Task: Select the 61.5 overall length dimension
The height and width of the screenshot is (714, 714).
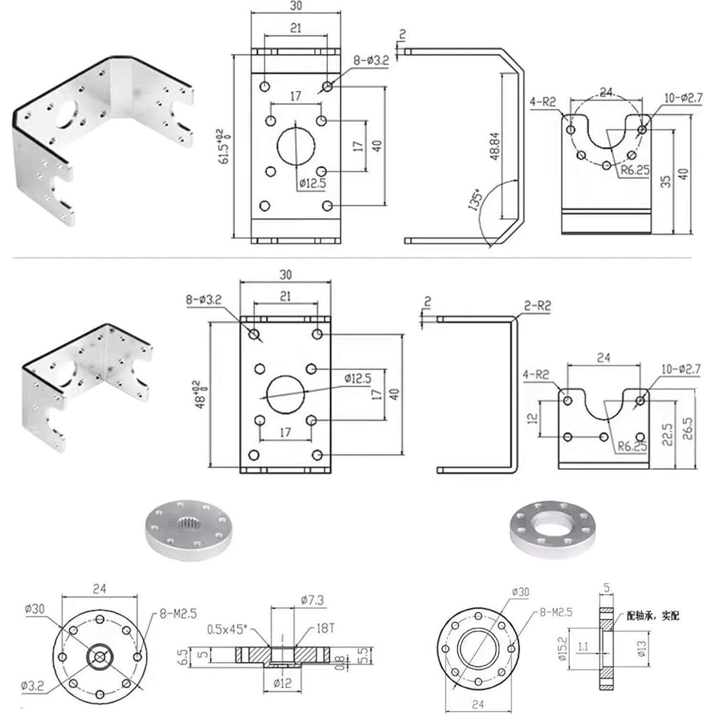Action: coord(223,146)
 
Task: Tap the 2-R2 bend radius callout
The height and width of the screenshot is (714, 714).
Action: coord(537,306)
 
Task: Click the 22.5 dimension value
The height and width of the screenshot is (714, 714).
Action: coord(668,434)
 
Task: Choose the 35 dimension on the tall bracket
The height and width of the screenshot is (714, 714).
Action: coord(666,181)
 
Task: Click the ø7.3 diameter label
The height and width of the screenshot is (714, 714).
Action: coord(312,600)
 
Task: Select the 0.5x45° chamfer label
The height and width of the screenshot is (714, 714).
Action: coord(227,629)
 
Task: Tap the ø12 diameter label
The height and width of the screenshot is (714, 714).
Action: coord(282,683)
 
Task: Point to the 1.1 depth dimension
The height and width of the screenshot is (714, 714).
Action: coord(583,647)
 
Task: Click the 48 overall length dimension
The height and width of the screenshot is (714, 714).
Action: coord(201,394)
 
